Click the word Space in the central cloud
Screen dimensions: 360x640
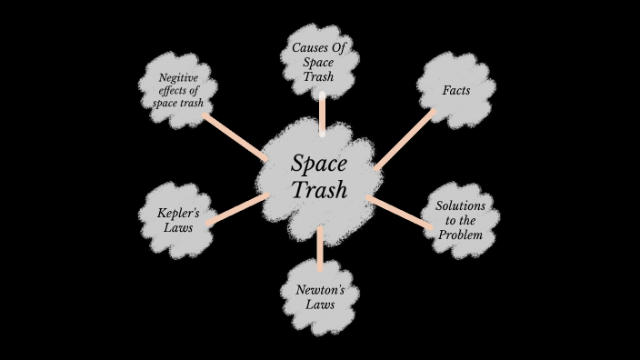pos(320,163)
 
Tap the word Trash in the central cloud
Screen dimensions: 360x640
pos(320,190)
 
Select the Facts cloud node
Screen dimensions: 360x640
pos(456,90)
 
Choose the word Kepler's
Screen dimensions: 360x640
pos(179,214)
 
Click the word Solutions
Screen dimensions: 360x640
pos(461,206)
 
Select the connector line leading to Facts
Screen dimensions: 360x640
pos(404,140)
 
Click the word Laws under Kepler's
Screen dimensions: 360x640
pos(179,228)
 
